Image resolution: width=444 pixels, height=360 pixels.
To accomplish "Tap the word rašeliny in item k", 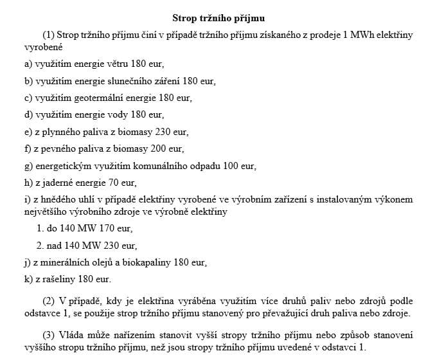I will pos(58,278).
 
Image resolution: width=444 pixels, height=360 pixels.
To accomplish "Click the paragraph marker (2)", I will pos(49,301).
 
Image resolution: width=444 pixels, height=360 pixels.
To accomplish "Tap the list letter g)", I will pos(28,165).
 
